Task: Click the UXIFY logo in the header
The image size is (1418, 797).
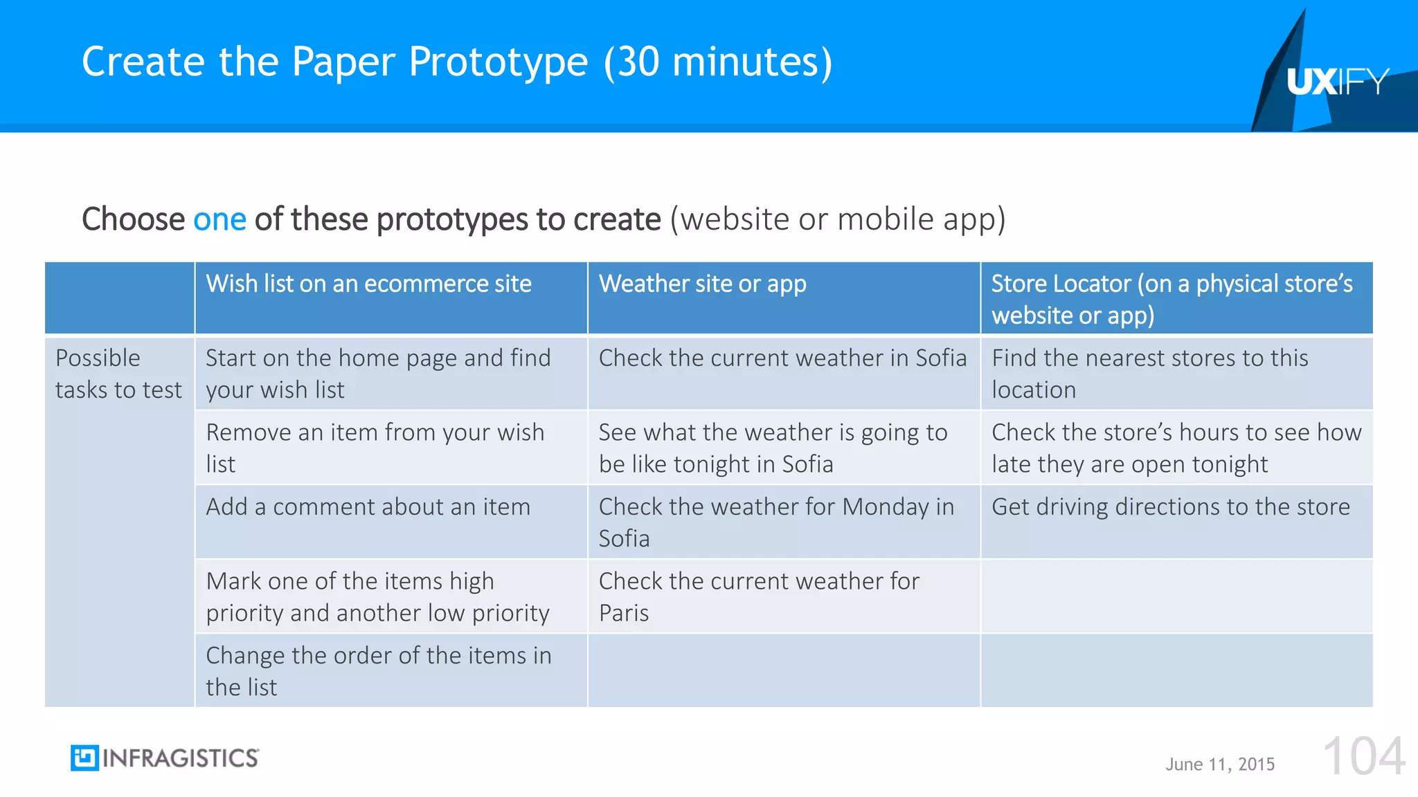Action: [1337, 82]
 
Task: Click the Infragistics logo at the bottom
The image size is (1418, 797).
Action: [165, 758]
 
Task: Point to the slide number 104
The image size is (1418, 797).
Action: [1363, 757]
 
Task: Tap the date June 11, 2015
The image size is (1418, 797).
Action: [1219, 764]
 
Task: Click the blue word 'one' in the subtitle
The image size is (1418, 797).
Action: [219, 219]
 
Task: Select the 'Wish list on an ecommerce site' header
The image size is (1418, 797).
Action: [368, 284]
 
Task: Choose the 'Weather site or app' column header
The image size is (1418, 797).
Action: [702, 284]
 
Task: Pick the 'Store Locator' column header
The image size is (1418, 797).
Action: [1172, 299]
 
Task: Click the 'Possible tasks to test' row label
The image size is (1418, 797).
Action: [118, 374]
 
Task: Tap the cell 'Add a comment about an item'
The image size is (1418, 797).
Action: [368, 507]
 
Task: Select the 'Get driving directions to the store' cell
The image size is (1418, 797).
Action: [1170, 507]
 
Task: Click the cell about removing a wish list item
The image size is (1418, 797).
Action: [375, 448]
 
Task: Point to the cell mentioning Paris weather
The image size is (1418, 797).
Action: [758, 596]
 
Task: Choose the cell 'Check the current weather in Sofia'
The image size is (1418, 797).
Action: [782, 358]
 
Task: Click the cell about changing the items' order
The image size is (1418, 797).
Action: [378, 670]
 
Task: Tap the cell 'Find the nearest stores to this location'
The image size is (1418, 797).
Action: [1149, 374]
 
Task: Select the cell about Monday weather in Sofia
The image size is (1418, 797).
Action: [775, 522]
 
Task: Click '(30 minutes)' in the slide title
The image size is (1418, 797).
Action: [718, 62]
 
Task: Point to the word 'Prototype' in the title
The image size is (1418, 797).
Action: [498, 62]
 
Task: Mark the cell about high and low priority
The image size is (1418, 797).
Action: [377, 596]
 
